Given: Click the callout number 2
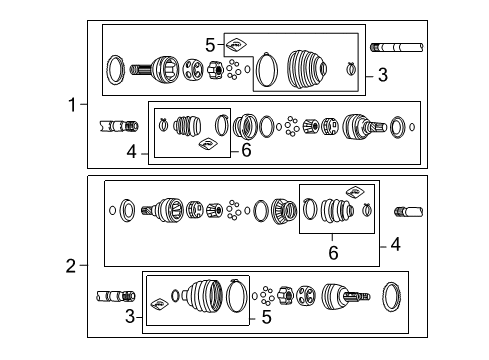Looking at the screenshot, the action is (71, 266).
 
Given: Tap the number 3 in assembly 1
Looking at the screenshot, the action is (382, 75).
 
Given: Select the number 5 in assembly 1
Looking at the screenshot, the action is (210, 44).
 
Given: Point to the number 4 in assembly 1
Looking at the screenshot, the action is (130, 153).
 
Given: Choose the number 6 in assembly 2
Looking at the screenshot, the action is (333, 253).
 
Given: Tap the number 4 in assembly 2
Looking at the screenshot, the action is (395, 243).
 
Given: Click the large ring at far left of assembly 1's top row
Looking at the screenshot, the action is (117, 69).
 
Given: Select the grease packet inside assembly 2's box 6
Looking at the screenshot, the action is (354, 192).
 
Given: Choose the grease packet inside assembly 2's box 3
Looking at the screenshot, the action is (157, 302).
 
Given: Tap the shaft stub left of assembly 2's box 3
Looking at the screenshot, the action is (112, 297).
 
